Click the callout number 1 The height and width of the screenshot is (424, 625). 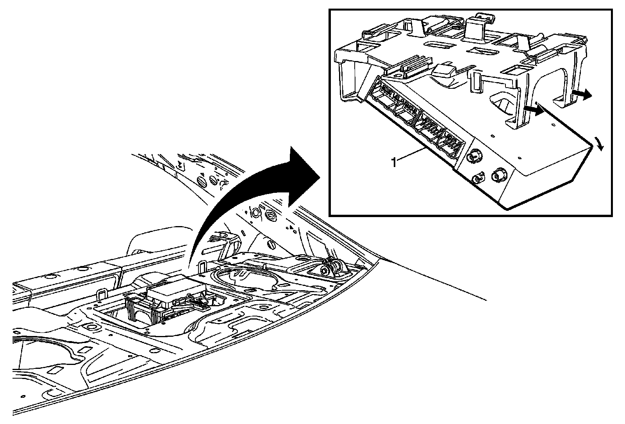(395, 162)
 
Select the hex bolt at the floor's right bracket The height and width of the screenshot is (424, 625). (325, 270)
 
